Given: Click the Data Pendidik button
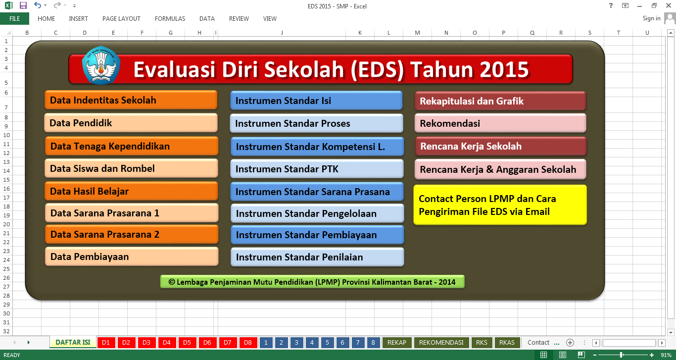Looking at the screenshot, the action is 131,123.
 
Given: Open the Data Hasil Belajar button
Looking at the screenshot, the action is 131,191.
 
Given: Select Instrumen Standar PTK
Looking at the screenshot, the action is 317,169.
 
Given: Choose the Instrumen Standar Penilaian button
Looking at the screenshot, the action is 317,257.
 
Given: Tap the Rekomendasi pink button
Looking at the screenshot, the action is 500,123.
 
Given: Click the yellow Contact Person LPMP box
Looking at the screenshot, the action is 500,205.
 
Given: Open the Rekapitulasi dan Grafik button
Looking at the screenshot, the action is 500,101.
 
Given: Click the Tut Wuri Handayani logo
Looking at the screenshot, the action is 101,65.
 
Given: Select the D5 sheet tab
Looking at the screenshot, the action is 187,343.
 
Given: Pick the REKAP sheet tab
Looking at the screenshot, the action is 396,343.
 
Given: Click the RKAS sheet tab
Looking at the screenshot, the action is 507,343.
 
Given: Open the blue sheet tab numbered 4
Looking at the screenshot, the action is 312,343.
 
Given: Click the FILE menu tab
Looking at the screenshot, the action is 14,19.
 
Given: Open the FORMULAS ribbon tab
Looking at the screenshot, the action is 170,19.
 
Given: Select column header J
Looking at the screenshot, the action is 282,33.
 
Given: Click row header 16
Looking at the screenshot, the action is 6,189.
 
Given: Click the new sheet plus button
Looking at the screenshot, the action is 570,343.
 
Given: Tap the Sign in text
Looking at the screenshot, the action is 651,18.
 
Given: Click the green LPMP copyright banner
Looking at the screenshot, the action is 312,282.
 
